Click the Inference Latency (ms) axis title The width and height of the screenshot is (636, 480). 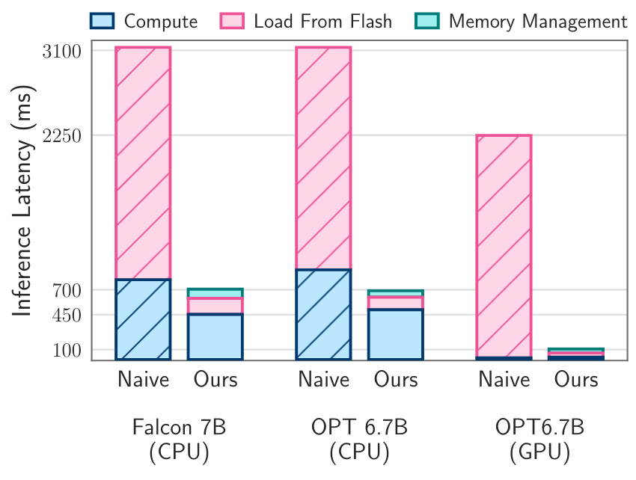pyautogui.click(x=23, y=203)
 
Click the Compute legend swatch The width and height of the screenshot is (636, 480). pyautogui.click(x=103, y=21)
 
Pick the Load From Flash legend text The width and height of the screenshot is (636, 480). pyautogui.click(x=322, y=21)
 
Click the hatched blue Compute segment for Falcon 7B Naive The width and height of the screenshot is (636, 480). pyautogui.click(x=143, y=319)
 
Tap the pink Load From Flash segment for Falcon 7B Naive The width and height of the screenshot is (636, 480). pyautogui.click(x=143, y=163)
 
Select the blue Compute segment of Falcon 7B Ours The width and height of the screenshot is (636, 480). pyautogui.click(x=215, y=336)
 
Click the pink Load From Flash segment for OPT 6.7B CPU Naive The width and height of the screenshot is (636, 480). pyautogui.click(x=323, y=158)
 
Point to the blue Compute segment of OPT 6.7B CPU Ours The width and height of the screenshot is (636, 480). pyautogui.click(x=396, y=334)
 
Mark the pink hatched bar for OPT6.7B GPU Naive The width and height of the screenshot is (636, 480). pyautogui.click(x=504, y=246)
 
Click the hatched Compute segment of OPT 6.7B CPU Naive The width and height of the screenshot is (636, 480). pyautogui.click(x=323, y=314)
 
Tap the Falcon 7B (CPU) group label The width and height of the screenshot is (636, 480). pyautogui.click(x=179, y=440)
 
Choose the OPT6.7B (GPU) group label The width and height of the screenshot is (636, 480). pyautogui.click(x=539, y=440)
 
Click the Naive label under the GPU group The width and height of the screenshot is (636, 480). pyautogui.click(x=504, y=379)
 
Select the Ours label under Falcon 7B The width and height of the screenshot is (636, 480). pyautogui.click(x=215, y=379)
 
